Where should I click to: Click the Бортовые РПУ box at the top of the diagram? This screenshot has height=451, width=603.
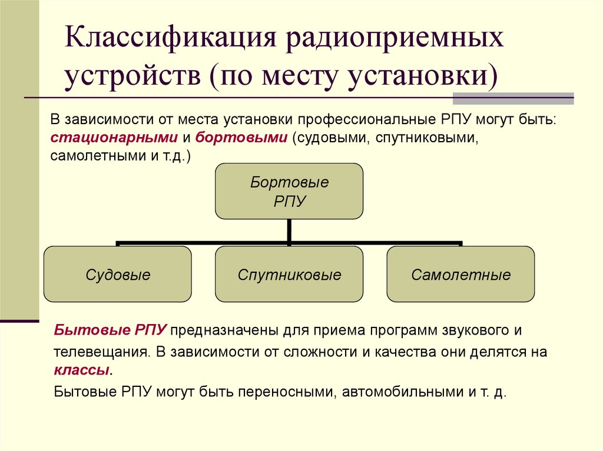tap(289, 191)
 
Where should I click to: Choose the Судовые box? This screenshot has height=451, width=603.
tap(118, 275)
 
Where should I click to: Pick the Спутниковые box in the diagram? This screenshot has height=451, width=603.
tap(289, 275)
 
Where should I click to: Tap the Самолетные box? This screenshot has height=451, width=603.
tap(460, 275)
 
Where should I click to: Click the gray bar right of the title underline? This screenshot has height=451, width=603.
tap(541, 98)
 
